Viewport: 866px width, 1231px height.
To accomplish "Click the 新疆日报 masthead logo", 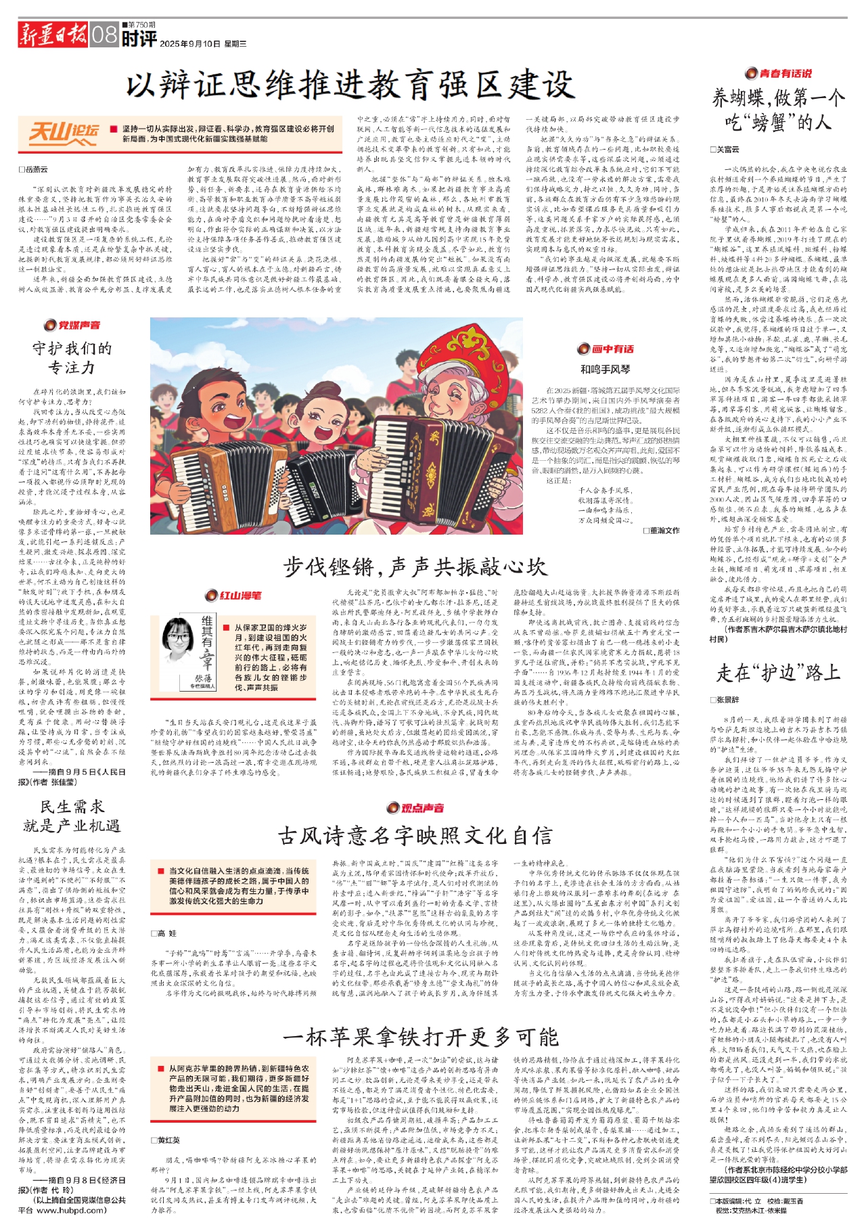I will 53,34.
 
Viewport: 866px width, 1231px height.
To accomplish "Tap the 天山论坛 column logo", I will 64,133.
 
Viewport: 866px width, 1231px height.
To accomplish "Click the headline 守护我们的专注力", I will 72,358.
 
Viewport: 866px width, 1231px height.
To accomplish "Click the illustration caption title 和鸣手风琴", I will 605,370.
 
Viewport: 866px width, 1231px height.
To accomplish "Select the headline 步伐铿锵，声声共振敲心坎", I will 414,566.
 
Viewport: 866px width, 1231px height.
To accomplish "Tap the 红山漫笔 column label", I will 233,596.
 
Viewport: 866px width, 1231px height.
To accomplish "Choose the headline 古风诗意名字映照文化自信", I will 415,836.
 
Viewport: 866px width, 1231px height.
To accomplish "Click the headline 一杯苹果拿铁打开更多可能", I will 420,1037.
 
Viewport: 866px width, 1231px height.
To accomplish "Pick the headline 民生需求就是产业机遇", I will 71,815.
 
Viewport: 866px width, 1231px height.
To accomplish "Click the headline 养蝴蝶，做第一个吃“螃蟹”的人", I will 777,110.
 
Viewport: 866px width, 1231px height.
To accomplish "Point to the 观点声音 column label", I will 415,808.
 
